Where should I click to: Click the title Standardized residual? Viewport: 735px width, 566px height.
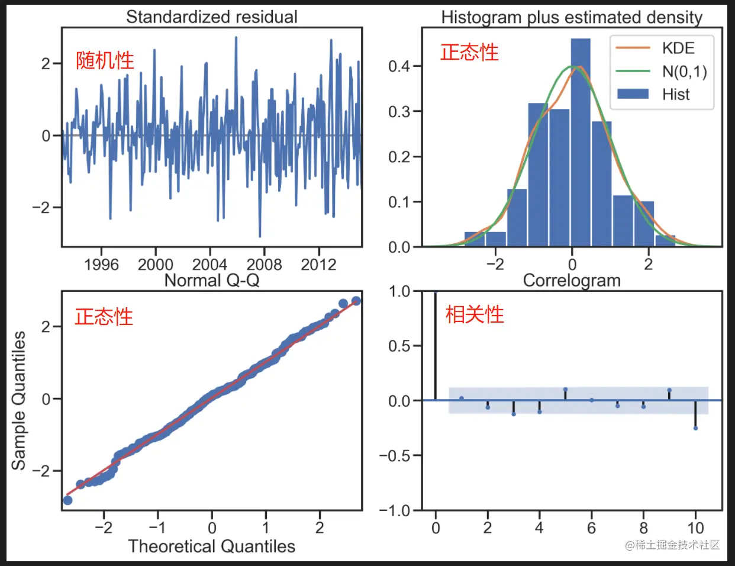tap(211, 17)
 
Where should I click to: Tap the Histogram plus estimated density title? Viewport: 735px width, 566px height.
tap(572, 17)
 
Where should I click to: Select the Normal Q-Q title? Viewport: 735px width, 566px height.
tap(211, 280)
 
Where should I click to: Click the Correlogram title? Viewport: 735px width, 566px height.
tap(572, 280)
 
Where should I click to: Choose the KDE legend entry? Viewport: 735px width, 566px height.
tap(678, 49)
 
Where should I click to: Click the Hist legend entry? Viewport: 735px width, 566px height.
tap(676, 94)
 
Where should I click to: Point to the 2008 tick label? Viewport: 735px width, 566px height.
tap(264, 265)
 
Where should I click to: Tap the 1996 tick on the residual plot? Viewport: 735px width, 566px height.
tap(101, 265)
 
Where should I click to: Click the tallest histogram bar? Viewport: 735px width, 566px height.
tap(581, 142)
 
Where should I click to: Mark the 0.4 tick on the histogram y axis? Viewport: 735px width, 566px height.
tap(399, 66)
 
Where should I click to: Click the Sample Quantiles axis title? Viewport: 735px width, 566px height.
tap(19, 401)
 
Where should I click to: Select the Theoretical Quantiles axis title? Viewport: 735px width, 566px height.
tap(211, 546)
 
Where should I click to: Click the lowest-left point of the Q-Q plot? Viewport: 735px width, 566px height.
tap(67, 500)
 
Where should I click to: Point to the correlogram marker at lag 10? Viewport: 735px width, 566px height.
tap(695, 427)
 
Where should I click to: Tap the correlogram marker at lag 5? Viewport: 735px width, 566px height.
tap(565, 390)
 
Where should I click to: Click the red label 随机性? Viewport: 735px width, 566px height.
tap(105, 60)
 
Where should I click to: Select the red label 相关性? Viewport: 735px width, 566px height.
tap(475, 314)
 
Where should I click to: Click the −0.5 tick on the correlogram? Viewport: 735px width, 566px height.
tap(395, 455)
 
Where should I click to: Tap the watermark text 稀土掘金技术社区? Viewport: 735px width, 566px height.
tap(677, 545)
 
